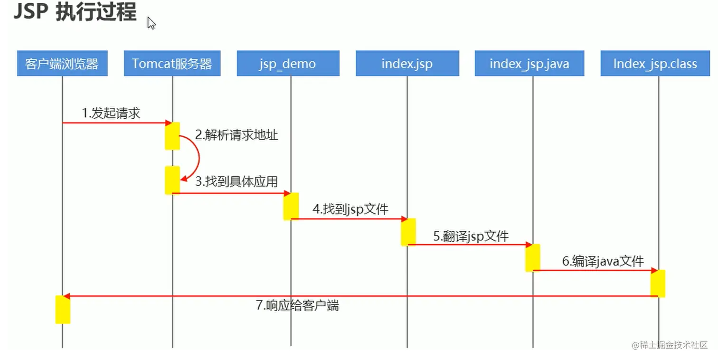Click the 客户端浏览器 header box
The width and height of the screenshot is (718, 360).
tap(62, 63)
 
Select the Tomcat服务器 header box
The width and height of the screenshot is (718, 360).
tap(172, 63)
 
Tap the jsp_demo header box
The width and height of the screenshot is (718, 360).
tap(288, 63)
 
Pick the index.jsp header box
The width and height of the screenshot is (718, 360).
tap(407, 63)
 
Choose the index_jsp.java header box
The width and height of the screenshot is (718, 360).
tap(529, 63)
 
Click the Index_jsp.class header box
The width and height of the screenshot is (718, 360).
tap(655, 63)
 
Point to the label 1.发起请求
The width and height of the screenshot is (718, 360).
tap(111, 114)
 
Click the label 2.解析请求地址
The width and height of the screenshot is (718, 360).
tap(236, 135)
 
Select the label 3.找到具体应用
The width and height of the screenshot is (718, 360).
tap(236, 181)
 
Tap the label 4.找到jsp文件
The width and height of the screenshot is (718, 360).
tap(350, 209)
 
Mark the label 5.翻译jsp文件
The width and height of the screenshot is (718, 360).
tap(471, 236)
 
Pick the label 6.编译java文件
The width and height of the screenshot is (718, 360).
tap(603, 261)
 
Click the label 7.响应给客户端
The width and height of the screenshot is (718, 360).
tap(297, 305)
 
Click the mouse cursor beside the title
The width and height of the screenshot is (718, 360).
tap(151, 23)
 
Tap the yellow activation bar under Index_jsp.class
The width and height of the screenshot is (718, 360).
tap(658, 283)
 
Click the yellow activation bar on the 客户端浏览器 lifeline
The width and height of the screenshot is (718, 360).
tap(63, 309)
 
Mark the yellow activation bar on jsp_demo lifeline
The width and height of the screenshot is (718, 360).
tap(291, 206)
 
